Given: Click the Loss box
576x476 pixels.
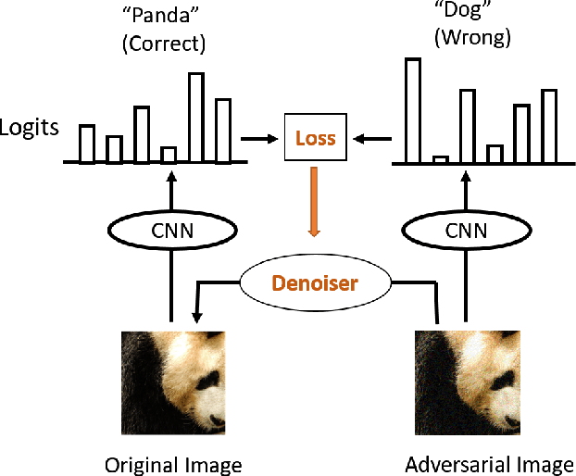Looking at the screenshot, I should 315,139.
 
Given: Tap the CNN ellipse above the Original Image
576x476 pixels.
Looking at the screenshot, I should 170,230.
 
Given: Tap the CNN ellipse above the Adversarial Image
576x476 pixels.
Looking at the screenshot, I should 463,230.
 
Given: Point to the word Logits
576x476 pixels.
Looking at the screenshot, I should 30,128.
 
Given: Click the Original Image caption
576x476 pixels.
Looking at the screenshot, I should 173,463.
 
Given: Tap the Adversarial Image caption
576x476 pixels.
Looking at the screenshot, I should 490,463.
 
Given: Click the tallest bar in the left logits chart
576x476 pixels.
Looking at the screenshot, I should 195,117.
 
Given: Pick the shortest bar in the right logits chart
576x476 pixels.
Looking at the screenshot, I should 440,159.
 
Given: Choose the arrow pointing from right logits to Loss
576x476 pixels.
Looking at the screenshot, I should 372,139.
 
